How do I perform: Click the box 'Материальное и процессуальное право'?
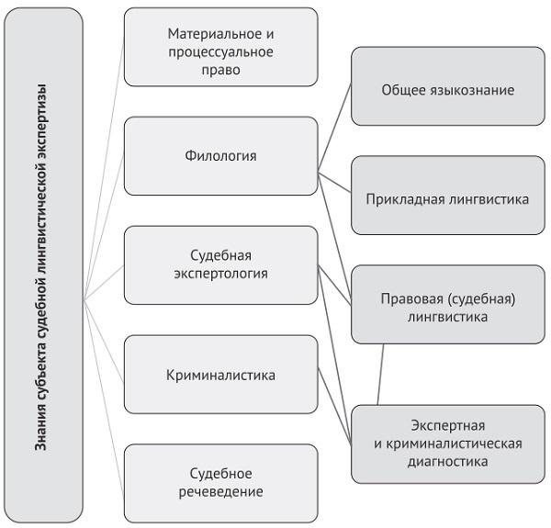[x=220, y=51]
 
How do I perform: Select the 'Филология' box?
[x=220, y=155]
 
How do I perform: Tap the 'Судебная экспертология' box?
[x=220, y=264]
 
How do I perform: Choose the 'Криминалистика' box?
[x=220, y=375]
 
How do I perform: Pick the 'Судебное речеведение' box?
[x=220, y=482]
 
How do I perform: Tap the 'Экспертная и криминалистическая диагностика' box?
[x=446, y=444]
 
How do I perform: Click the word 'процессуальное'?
[x=221, y=51]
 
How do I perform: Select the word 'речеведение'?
[x=222, y=491]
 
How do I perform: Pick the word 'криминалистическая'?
[x=456, y=444]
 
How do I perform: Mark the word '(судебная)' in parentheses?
[x=482, y=298]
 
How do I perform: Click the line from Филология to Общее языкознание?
[x=334, y=128]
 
